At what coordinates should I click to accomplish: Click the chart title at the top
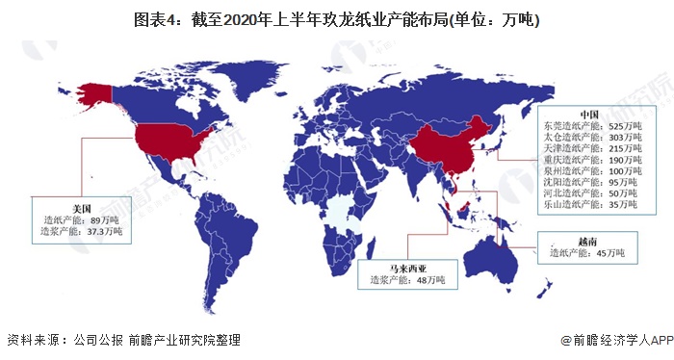pyautogui.click(x=336, y=19)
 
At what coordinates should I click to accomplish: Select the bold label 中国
pyautogui.click(x=589, y=113)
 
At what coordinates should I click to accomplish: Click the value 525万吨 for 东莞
pyautogui.click(x=615, y=125)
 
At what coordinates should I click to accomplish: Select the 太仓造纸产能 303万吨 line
pyautogui.click(x=589, y=138)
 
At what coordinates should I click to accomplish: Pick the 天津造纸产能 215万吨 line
pyautogui.click(x=589, y=150)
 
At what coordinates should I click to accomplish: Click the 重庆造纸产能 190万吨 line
pyautogui.click(x=589, y=163)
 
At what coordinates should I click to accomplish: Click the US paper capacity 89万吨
pyautogui.click(x=104, y=219)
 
